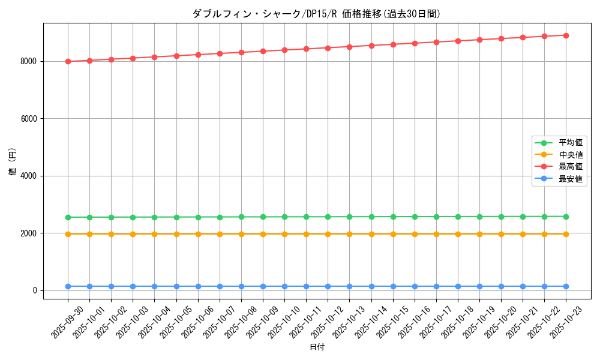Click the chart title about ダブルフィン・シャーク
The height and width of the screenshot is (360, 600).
[x=316, y=14]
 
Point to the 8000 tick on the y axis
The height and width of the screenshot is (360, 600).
[x=29, y=61]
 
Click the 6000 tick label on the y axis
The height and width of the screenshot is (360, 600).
[x=29, y=119]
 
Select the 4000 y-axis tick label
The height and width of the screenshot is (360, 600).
[x=29, y=176]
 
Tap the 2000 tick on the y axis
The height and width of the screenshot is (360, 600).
[x=29, y=233]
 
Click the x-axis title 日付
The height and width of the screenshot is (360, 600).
[x=316, y=347]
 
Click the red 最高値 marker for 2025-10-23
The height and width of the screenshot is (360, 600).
[x=566, y=35]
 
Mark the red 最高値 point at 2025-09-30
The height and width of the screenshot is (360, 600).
[x=68, y=61]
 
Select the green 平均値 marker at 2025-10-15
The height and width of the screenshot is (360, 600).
[x=393, y=217]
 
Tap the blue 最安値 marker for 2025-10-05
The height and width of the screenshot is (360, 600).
[x=176, y=286]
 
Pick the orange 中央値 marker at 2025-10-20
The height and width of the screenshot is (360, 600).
[x=501, y=234]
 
